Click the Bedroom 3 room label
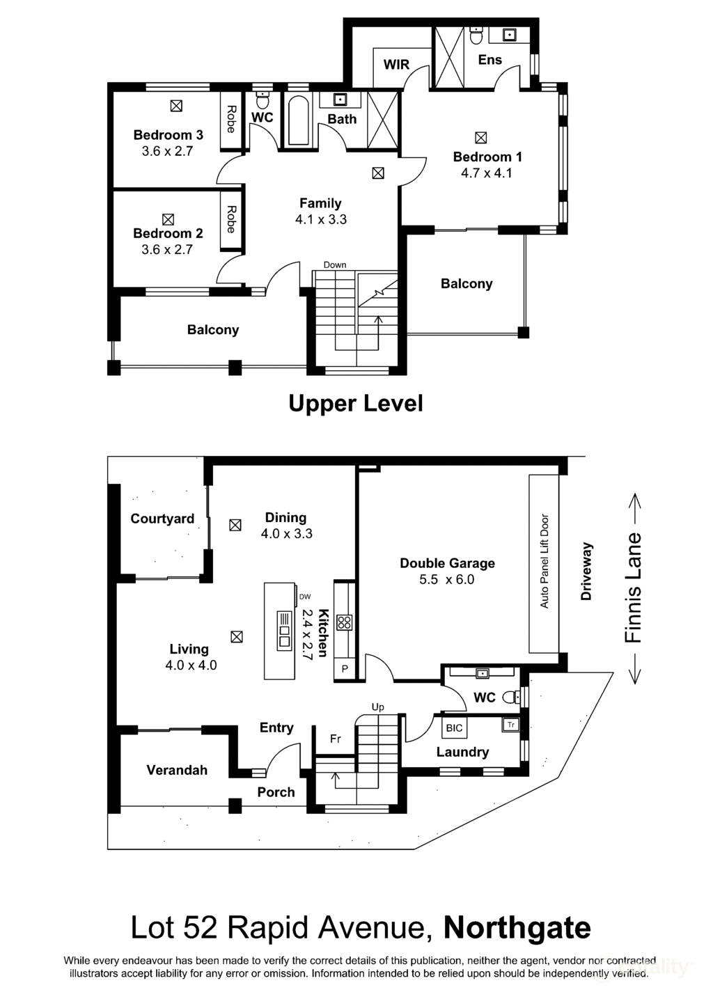(168, 135)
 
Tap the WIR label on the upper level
(396, 65)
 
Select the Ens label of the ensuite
(489, 60)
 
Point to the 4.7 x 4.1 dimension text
(486, 173)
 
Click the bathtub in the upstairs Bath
(298, 121)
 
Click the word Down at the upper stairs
(335, 265)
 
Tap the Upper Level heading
(355, 403)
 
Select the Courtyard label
(162, 519)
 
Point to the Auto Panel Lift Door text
(544, 561)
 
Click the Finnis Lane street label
(632, 588)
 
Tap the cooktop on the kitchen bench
(344, 622)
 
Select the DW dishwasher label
(304, 597)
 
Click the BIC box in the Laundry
(454, 728)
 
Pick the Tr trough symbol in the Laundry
(510, 725)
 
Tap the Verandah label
(177, 770)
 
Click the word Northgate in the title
(517, 928)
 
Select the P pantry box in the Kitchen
(344, 670)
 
